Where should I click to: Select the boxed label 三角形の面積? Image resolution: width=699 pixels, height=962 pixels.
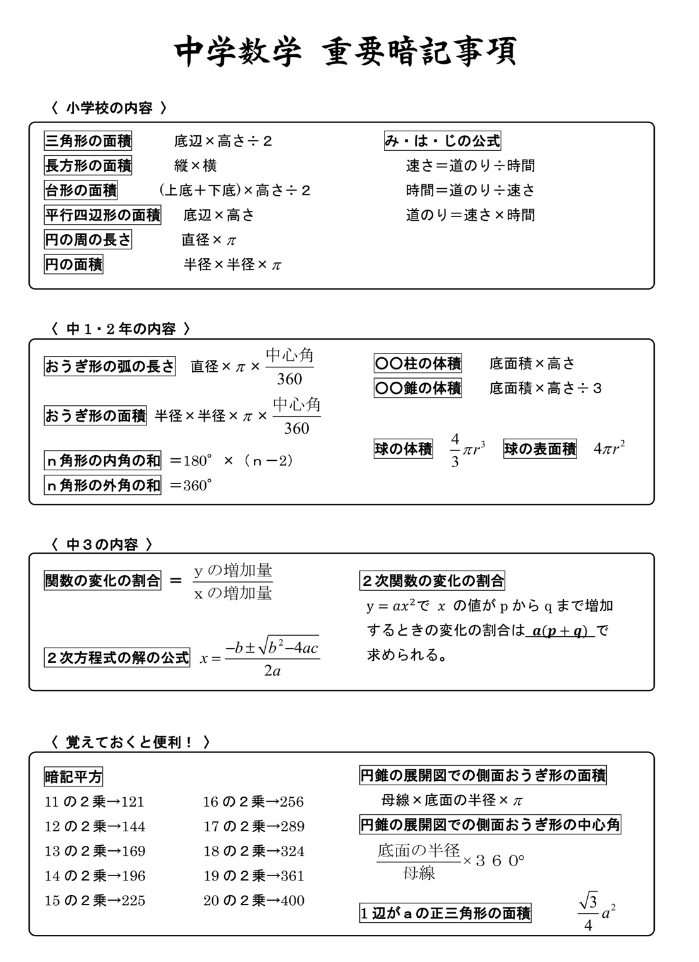[88, 141]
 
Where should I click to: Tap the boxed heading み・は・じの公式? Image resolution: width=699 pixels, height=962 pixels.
[442, 141]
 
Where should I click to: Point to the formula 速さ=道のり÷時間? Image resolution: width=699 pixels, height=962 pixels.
[470, 166]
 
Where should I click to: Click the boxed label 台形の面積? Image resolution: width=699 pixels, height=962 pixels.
[81, 190]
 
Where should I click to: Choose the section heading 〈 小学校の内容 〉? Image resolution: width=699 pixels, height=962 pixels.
[109, 109]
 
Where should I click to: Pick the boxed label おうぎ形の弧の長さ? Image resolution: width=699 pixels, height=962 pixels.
[109, 366]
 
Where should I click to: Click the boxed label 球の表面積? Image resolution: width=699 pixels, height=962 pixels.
[540, 449]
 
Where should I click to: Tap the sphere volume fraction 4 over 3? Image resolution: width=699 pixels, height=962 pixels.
[455, 449]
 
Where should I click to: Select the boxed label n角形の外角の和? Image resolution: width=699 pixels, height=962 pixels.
[103, 485]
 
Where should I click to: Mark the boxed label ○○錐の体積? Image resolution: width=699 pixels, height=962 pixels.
[418, 388]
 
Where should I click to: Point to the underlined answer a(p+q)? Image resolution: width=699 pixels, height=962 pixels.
[559, 631]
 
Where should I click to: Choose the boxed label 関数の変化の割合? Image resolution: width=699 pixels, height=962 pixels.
[102, 581]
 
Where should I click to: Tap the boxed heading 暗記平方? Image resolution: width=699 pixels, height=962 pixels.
[73, 777]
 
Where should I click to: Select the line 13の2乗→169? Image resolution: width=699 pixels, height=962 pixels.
[95, 851]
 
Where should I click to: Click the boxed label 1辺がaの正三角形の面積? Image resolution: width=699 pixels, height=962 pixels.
[445, 913]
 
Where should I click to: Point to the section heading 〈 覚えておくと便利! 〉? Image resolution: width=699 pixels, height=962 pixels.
[130, 742]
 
